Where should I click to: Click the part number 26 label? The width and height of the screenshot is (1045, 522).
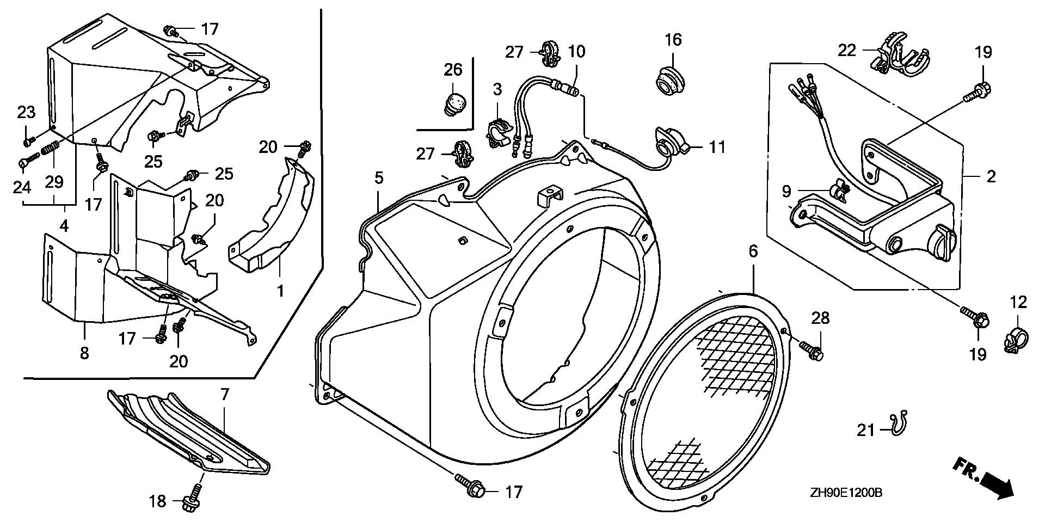(x=453, y=70)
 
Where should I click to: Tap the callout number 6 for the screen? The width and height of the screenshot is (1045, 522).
(x=753, y=251)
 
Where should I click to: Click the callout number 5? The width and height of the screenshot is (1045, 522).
(x=379, y=177)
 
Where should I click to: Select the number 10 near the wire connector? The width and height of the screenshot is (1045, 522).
(x=576, y=52)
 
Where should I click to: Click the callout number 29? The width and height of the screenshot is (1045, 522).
(x=54, y=182)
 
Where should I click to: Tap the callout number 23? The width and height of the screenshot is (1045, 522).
(x=26, y=113)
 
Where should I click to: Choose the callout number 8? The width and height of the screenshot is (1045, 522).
(x=84, y=353)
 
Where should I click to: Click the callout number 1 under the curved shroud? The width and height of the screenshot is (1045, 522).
(x=280, y=291)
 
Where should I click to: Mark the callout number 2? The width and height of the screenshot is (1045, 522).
(x=991, y=176)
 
